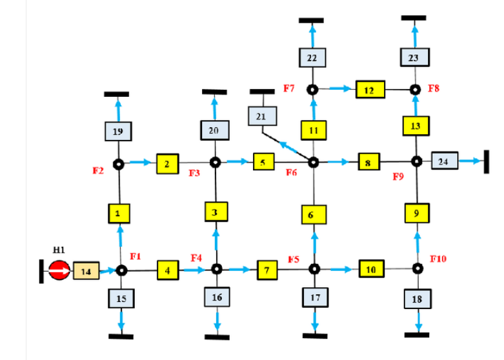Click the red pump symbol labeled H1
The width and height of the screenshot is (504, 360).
click(x=59, y=271)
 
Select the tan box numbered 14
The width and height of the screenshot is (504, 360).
click(x=86, y=271)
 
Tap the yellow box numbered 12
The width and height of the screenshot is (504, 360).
click(x=368, y=90)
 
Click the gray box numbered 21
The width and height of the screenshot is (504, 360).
click(x=261, y=116)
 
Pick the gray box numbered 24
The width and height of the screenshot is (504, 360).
click(x=443, y=161)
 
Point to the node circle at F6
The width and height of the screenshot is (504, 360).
click(x=314, y=162)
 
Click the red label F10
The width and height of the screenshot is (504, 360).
click(x=438, y=259)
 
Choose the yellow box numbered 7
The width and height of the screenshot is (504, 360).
click(x=265, y=269)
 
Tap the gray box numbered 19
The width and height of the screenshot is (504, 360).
click(x=118, y=132)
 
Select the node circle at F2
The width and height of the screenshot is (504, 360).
click(x=119, y=164)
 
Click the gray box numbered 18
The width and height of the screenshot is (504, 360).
click(x=418, y=299)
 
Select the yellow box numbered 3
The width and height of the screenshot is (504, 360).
click(x=216, y=212)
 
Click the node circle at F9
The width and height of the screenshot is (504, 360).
click(x=418, y=161)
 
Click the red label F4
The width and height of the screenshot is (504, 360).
click(x=197, y=258)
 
